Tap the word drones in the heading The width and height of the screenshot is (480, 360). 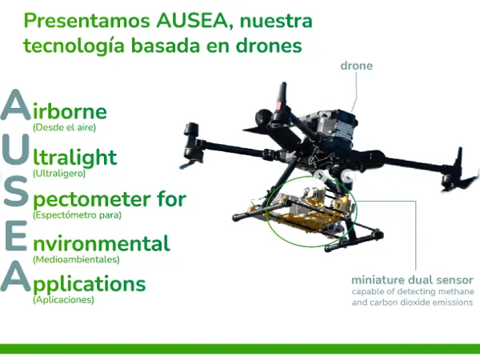click(x=271, y=46)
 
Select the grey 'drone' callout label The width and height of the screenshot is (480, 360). click(x=357, y=66)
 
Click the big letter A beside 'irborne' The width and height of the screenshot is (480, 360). click(x=16, y=107)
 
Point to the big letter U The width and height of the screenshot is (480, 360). click(x=16, y=152)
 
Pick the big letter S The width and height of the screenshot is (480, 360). click(x=16, y=195)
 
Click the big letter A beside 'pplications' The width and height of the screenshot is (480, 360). click(x=16, y=278)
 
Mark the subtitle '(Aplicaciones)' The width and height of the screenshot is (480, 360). click(x=63, y=301)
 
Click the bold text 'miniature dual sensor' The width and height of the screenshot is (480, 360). click(x=412, y=280)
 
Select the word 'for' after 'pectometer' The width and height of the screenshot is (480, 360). click(x=172, y=198)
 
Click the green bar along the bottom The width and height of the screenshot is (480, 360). click(x=240, y=349)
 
